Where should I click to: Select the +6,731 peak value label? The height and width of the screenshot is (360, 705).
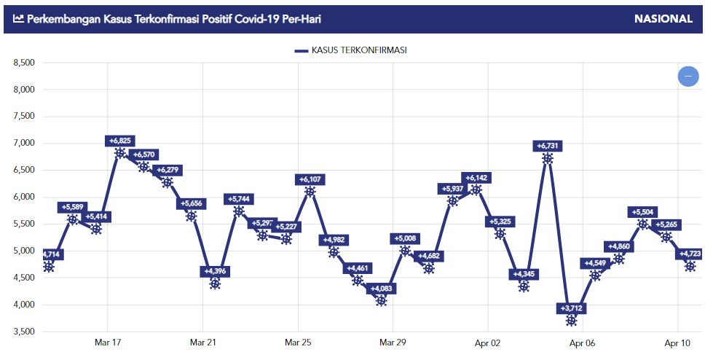coord(548,146)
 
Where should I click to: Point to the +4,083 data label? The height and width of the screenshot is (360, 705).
coord(381,289)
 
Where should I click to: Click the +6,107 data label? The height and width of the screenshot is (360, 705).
coord(310,179)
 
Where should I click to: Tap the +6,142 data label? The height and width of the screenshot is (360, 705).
coord(476,178)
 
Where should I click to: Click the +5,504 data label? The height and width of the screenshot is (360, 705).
coord(642,212)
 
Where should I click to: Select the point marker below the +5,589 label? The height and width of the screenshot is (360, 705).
coord(73,219)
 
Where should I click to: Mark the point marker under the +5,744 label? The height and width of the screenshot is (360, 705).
coord(239,211)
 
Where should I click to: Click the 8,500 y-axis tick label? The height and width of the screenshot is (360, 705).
coord(25,63)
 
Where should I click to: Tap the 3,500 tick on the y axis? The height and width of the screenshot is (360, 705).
coord(25,332)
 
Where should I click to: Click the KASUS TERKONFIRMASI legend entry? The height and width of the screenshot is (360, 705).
coord(351,50)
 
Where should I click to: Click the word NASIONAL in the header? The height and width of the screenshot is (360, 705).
coord(663,19)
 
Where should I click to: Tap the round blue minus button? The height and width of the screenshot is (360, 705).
coord(688,76)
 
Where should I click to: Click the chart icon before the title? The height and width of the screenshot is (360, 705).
coord(18,19)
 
